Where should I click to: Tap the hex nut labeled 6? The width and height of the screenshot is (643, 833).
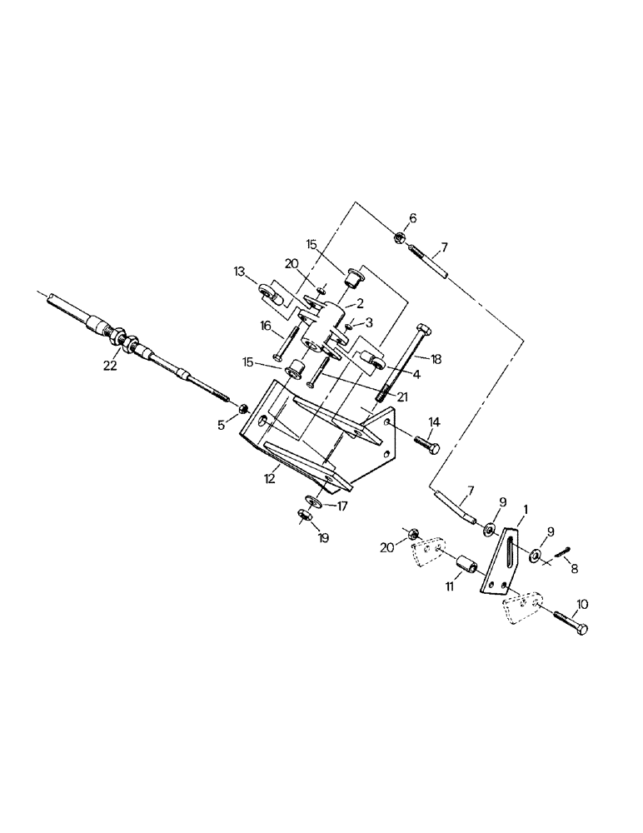400,238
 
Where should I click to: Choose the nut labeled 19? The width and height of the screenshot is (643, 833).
304,517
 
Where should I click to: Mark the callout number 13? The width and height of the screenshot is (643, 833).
240,272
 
